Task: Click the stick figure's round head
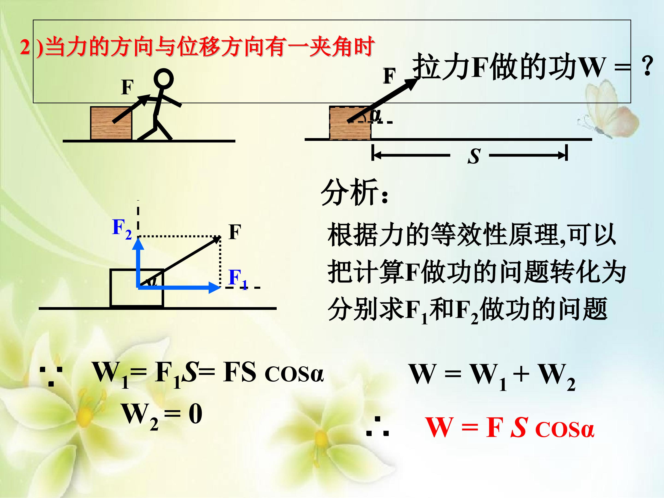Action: coord(164,79)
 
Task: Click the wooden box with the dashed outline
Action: coord(350,123)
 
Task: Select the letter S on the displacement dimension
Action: coord(474,156)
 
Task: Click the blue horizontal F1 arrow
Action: coord(180,288)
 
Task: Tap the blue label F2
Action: coord(122,229)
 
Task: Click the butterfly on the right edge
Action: coord(606,111)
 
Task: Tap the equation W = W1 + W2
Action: coord(492,375)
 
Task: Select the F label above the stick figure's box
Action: coord(127,87)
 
